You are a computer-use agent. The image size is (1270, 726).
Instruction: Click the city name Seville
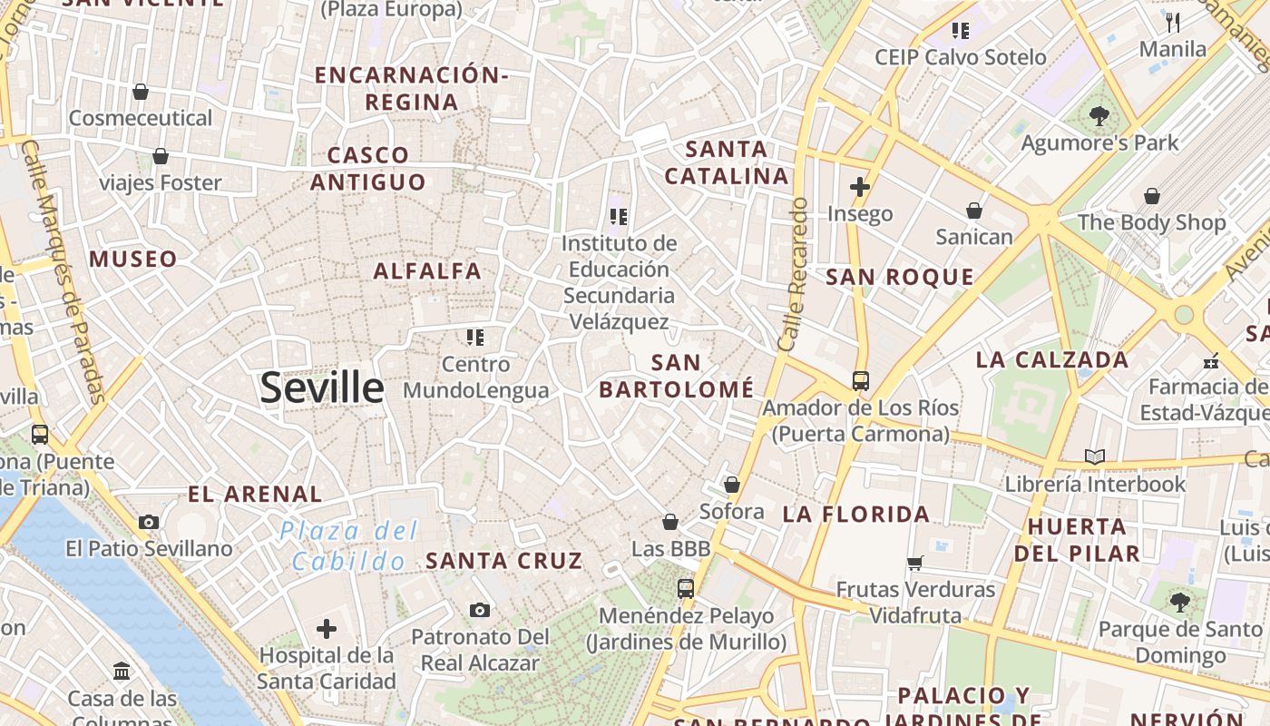[322, 388]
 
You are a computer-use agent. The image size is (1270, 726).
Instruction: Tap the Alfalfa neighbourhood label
[427, 270]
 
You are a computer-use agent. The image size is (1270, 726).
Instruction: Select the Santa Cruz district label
[503, 561]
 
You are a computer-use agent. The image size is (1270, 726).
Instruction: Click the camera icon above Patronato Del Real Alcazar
[480, 610]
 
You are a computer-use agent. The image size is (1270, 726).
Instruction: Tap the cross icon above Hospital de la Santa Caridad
[327, 628]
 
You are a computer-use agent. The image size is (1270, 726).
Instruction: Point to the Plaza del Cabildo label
[349, 545]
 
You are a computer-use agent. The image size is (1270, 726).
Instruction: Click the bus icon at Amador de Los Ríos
[861, 381]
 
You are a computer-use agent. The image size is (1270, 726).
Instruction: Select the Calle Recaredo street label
[792, 275]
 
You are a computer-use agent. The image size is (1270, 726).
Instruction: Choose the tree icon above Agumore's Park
[1099, 116]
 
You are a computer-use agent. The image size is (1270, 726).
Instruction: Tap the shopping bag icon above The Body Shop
[1151, 196]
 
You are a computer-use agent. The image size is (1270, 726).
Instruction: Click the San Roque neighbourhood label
[900, 278]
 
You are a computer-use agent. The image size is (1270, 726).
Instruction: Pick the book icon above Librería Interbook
[1095, 456]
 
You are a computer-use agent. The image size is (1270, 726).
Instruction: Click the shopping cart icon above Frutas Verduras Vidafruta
[915, 563]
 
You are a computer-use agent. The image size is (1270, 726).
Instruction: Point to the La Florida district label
[856, 515]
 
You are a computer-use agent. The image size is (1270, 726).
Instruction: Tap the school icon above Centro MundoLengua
[475, 338]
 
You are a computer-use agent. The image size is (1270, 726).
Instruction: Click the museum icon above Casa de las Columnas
[122, 672]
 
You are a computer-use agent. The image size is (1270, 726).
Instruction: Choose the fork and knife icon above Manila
[1174, 23]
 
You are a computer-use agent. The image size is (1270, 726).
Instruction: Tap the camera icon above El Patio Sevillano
[149, 522]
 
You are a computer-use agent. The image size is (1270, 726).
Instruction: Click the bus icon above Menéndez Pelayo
[686, 588]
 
